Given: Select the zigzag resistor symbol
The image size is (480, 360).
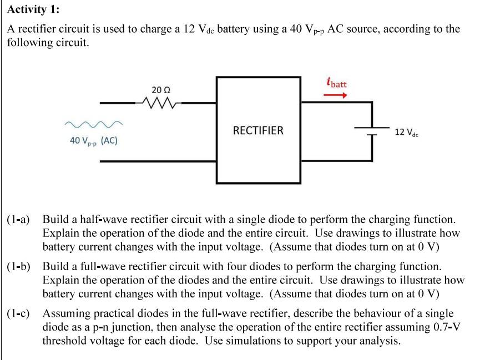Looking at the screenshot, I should pos(159,103).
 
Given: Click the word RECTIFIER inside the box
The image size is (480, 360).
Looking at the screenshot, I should pos(258,131).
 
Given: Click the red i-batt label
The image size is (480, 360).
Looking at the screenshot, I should pos(336,84).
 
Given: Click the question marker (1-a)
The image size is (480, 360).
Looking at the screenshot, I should pos(21,220).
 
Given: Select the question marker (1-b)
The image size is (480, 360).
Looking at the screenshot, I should pos(21,267).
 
